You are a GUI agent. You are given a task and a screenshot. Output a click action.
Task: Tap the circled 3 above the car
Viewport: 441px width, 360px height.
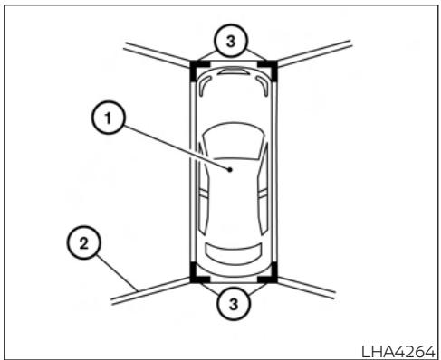tap(230, 41)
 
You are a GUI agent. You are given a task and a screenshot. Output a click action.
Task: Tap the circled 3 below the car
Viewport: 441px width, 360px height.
tap(230, 305)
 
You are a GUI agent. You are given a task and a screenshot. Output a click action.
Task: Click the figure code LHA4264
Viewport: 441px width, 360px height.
tap(398, 349)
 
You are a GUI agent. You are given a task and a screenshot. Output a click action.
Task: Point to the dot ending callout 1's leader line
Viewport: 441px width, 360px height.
tap(231, 169)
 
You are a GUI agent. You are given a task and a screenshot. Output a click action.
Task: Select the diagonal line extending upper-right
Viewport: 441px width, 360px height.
tap(312, 52)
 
